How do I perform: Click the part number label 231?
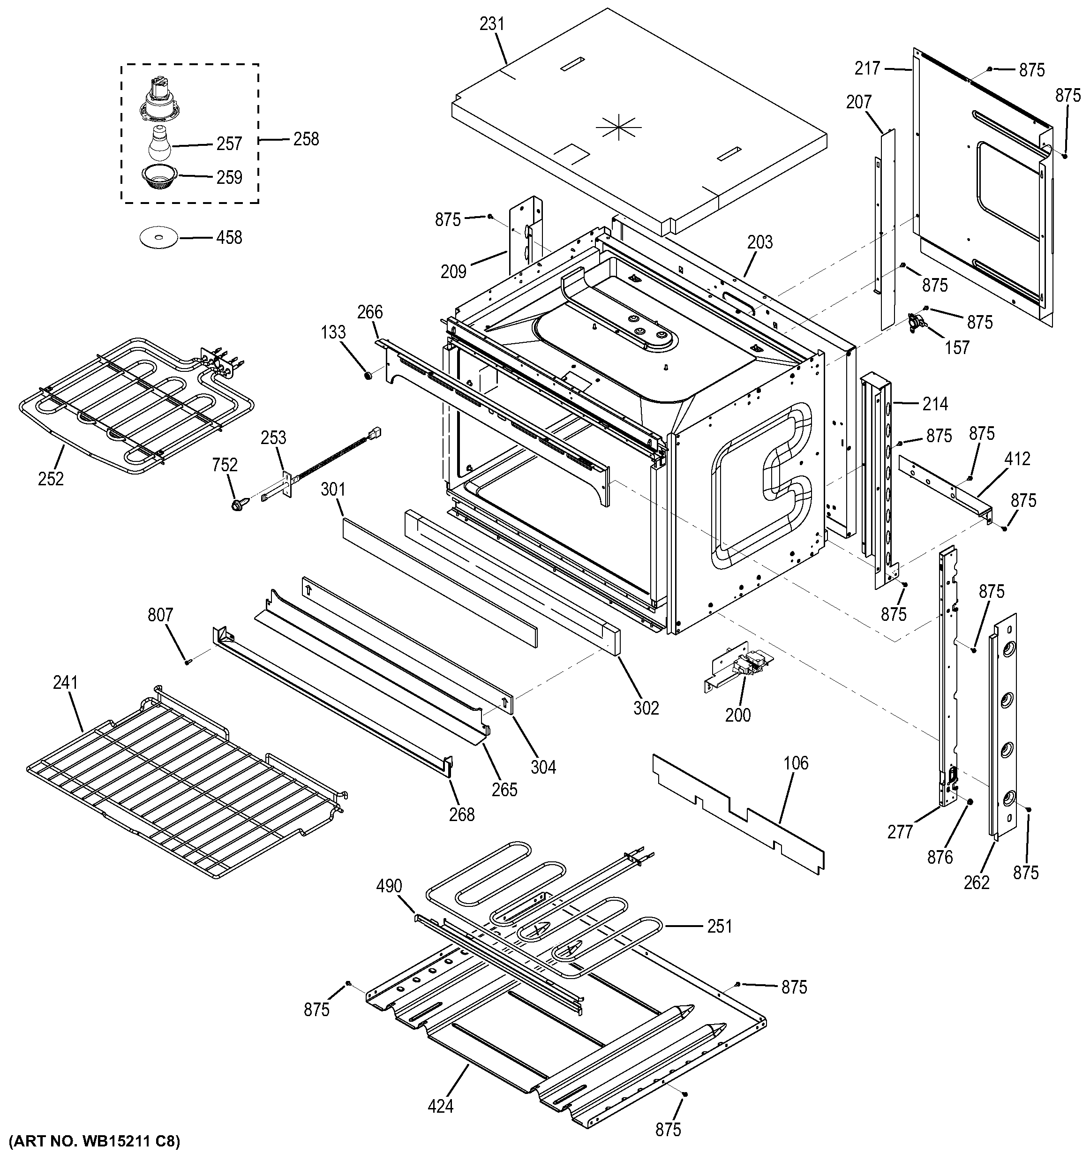pyautogui.click(x=492, y=24)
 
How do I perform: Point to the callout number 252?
pyautogui.click(x=51, y=478)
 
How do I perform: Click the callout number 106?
pyautogui.click(x=796, y=763)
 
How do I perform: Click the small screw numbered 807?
pyautogui.click(x=188, y=661)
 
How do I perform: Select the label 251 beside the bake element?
pyautogui.click(x=719, y=926)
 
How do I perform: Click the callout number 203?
pyautogui.click(x=759, y=242)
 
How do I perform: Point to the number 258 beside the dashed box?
pyautogui.click(x=307, y=139)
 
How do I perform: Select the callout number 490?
pyautogui.click(x=389, y=885)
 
